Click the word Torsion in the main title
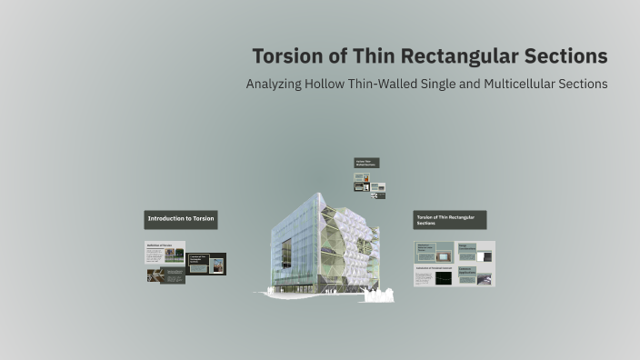(287, 56)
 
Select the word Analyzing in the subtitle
(278, 84)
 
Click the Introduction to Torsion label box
(182, 219)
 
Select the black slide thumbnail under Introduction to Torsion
(206, 264)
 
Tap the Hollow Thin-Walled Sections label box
(366, 163)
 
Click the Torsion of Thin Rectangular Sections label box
(449, 220)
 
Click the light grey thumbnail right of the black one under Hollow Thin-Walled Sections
(377, 186)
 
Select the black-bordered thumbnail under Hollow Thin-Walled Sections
(362, 186)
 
